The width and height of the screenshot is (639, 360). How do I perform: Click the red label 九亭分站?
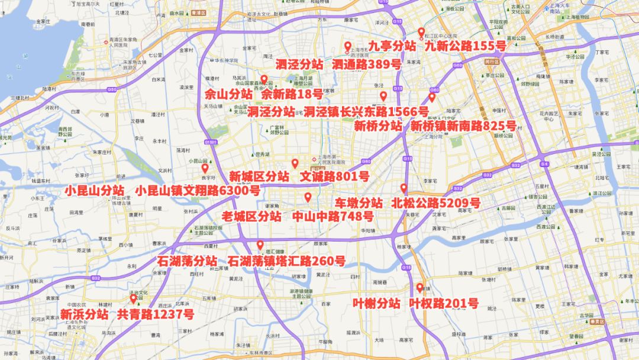point(392,46)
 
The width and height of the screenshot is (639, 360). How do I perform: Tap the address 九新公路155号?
point(465,46)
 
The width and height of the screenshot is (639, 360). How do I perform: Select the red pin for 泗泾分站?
point(348,47)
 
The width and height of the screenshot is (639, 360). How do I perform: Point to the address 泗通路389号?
point(366,65)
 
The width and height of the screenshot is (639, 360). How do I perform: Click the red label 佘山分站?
point(228,94)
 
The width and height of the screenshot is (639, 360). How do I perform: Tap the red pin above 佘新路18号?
point(264,79)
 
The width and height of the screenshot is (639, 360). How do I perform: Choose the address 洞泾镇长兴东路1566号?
point(366,111)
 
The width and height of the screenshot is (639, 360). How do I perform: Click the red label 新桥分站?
point(378,126)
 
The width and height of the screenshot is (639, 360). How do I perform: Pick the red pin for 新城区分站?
point(295,163)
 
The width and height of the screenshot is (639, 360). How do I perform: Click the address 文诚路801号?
point(334,176)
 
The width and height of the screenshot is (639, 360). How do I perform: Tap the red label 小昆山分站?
point(95,191)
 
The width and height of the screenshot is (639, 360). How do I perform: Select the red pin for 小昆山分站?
point(205,168)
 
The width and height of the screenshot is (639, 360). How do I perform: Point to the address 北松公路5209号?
point(435,203)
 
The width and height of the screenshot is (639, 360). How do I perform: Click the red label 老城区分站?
point(251,216)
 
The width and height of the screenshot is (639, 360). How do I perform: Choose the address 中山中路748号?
point(333,216)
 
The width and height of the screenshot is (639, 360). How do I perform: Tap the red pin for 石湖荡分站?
point(260,245)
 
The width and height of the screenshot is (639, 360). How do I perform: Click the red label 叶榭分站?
point(376,304)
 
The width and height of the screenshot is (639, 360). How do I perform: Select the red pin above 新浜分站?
point(133,299)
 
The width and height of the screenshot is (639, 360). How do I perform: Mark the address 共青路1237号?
point(155,314)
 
